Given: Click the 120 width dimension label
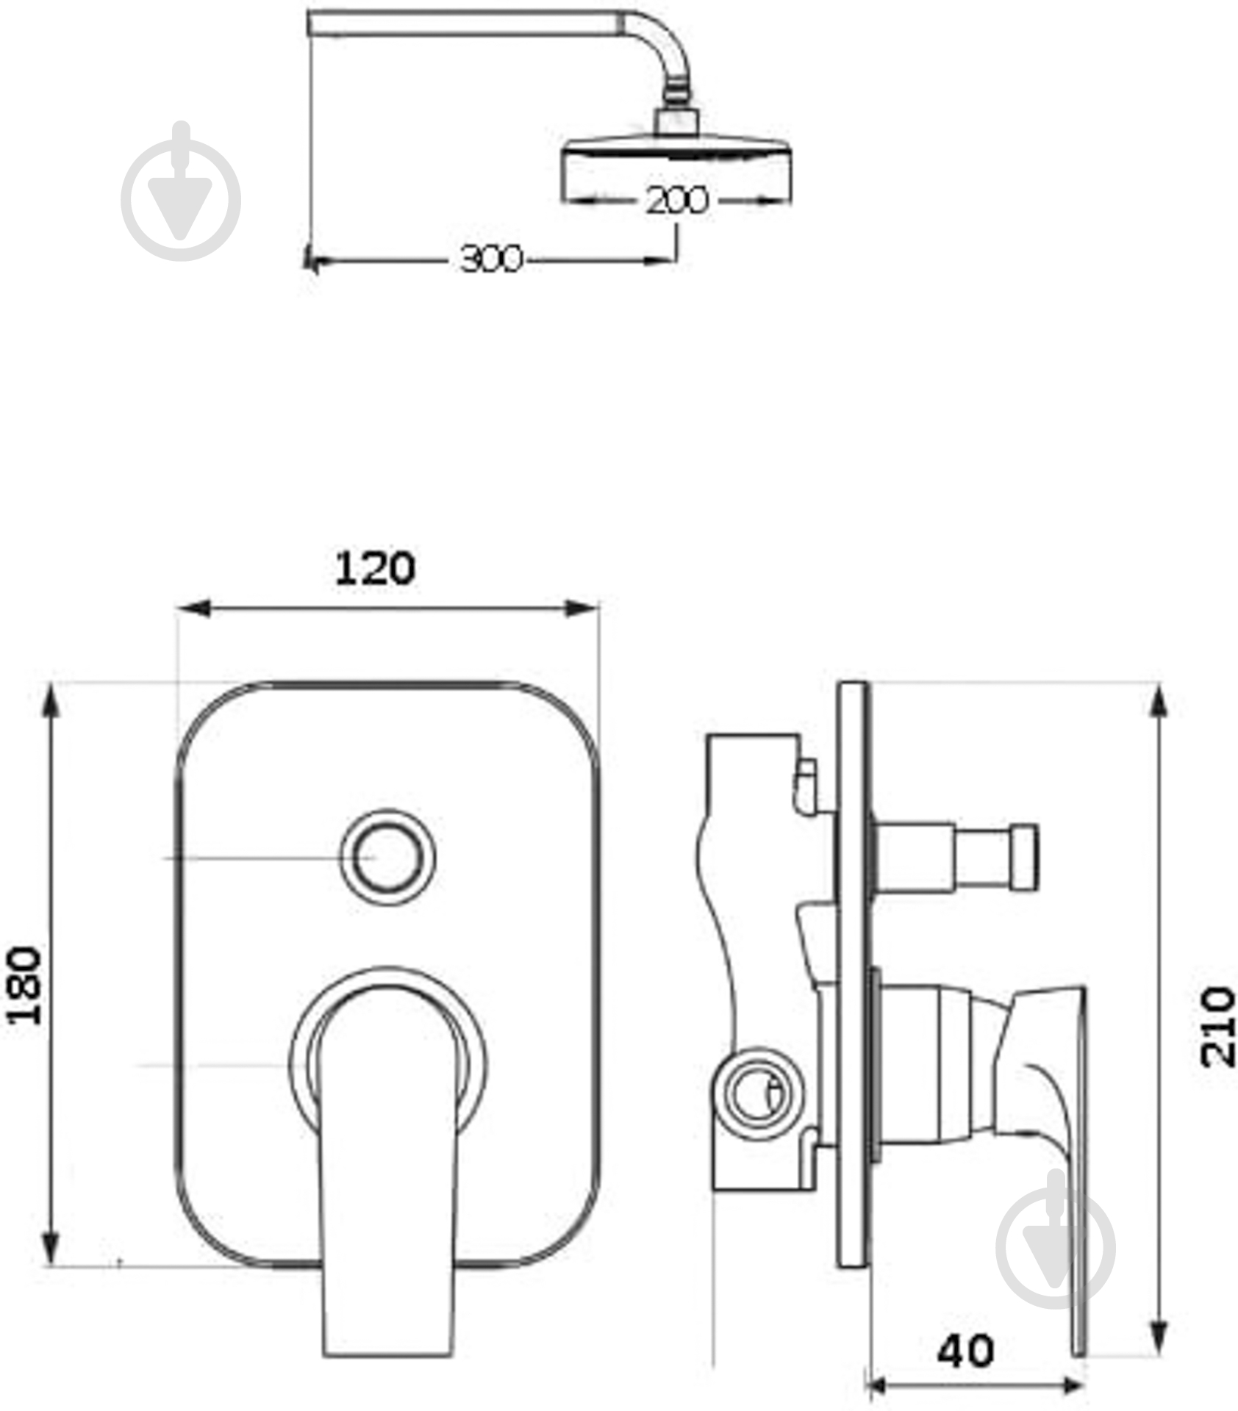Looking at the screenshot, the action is (x=375, y=569).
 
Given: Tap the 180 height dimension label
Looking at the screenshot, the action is (x=25, y=985).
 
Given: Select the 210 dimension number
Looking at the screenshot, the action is (x=1217, y=1027).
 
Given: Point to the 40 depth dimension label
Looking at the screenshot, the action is (x=965, y=1349).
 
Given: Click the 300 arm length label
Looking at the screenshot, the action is (x=490, y=259).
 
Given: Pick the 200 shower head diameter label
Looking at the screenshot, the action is (x=676, y=200).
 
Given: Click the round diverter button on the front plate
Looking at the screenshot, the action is (x=388, y=858).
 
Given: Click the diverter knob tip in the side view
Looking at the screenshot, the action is (x=1024, y=858).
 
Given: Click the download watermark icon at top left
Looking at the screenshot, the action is (x=181, y=193).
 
